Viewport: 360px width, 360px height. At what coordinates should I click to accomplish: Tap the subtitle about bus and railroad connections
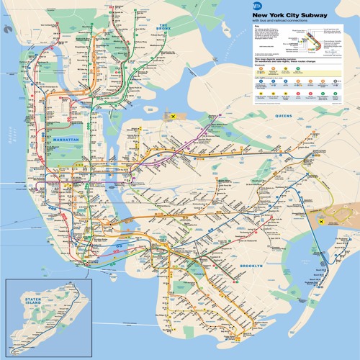pos(276,21)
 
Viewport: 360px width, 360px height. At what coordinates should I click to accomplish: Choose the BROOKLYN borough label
pos(252,266)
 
